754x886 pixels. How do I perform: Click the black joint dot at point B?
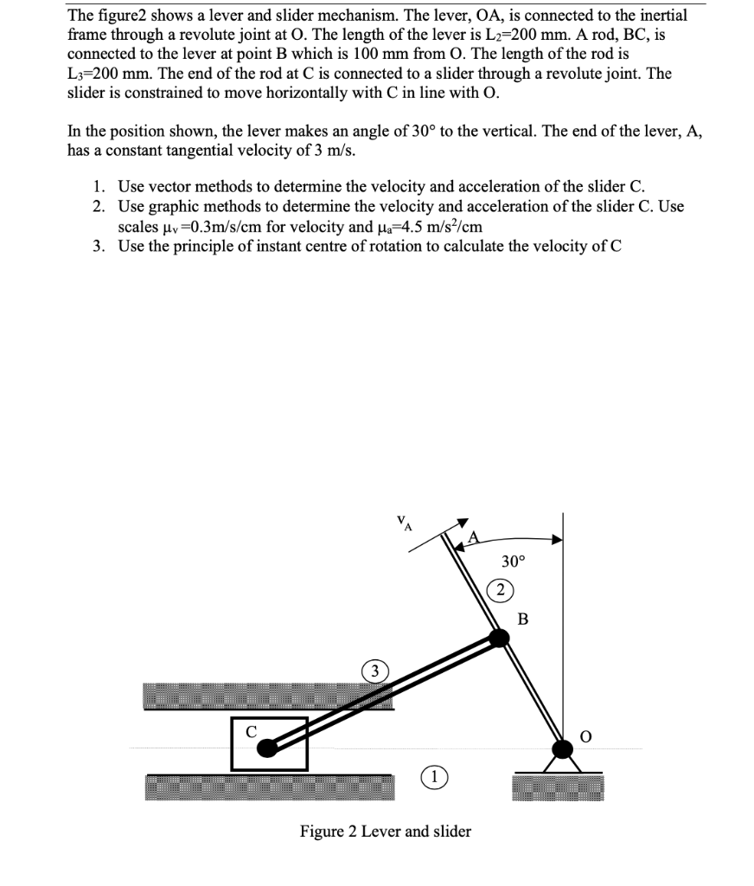tap(499, 639)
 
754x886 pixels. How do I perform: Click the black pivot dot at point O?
tap(563, 747)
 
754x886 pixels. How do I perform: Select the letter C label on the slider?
tap(251, 731)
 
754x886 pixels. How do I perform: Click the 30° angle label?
tap(513, 562)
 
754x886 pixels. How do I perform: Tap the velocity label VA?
tap(404, 522)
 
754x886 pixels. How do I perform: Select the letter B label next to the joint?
tap(522, 619)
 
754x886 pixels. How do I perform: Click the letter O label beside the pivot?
tap(587, 736)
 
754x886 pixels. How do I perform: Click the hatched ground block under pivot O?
tap(558, 787)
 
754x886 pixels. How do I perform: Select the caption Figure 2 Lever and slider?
tap(386, 831)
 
